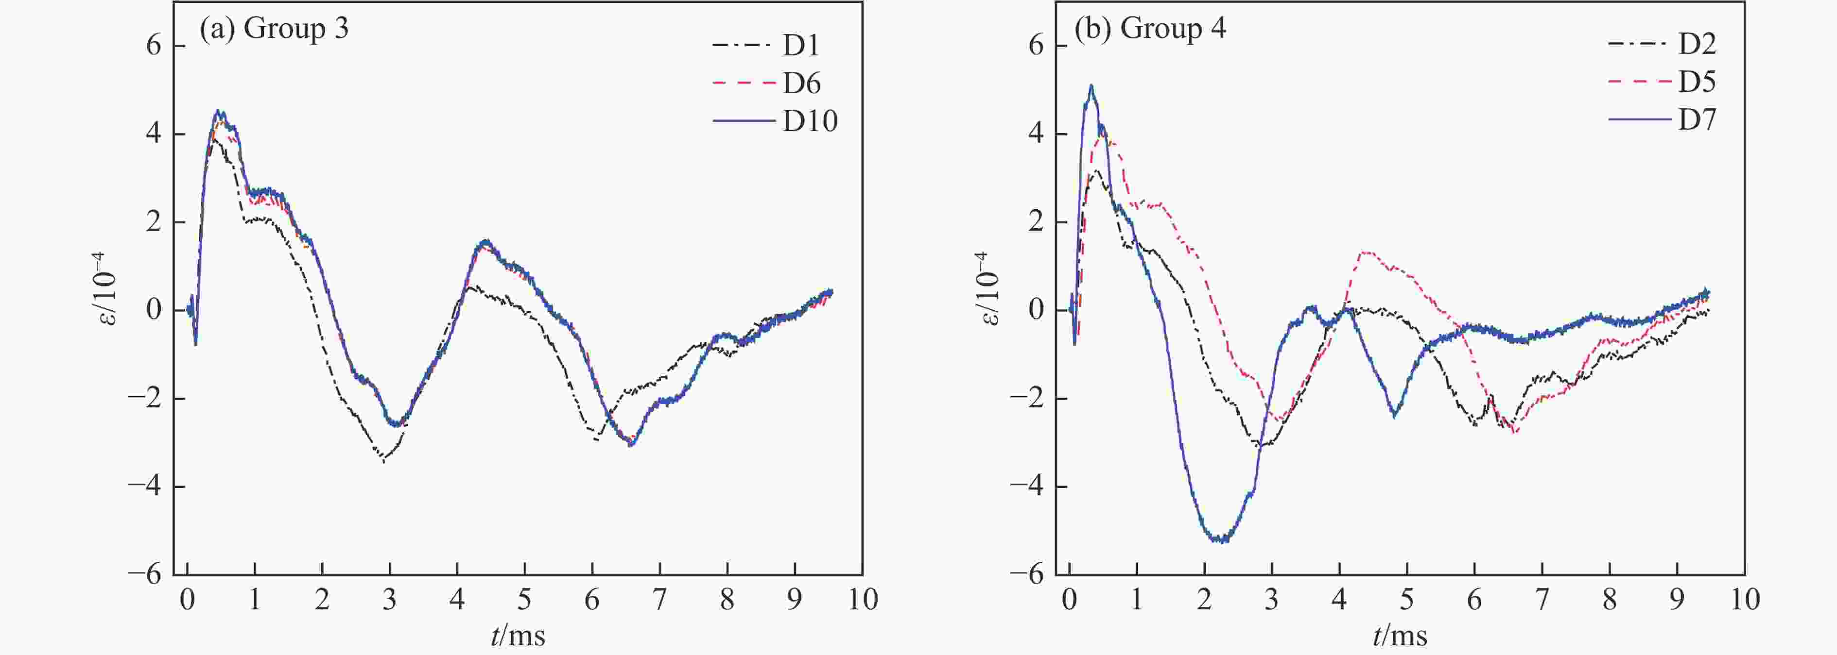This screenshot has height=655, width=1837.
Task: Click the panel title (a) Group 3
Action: tap(275, 29)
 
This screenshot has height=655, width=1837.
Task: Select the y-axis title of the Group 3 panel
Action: tap(107, 298)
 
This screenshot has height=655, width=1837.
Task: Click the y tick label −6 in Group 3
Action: tap(145, 574)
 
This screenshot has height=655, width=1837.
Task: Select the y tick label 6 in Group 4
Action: tap(1036, 46)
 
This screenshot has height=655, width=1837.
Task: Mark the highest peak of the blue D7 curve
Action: tap(1091, 87)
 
